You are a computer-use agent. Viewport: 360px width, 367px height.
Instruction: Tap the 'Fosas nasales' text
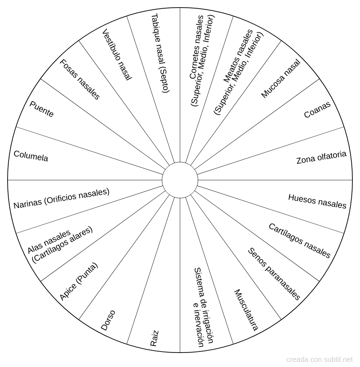click(79, 79)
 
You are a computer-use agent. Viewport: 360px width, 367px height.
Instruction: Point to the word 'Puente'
click(41, 109)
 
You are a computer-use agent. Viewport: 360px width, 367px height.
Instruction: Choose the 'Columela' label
click(31, 156)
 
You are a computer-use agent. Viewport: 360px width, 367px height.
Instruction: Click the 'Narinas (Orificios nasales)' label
click(61, 199)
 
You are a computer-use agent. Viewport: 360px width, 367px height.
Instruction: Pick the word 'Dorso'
click(108, 320)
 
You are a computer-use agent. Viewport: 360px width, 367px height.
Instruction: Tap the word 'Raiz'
click(154, 338)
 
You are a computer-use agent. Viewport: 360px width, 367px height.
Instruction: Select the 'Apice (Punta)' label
click(78, 282)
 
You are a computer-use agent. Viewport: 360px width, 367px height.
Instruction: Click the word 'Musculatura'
click(246, 310)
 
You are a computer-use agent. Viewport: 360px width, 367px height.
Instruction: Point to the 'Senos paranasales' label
click(274, 274)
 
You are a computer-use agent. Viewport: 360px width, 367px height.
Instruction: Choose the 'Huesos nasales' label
click(317, 201)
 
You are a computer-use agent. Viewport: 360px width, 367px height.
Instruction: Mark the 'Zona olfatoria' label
click(321, 157)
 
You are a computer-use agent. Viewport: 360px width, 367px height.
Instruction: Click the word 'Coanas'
click(317, 110)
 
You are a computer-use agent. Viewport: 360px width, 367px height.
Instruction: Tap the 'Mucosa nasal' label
click(280, 79)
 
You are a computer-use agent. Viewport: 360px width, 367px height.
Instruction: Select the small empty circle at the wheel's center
click(180, 180)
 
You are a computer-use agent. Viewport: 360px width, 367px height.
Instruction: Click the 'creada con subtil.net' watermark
click(320, 359)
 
